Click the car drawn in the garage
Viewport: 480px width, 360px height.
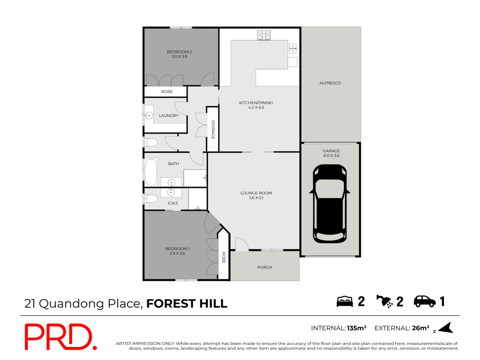[330, 203]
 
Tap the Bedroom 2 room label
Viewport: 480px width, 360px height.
[179, 52]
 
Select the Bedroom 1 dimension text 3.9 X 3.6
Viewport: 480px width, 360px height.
[177, 254]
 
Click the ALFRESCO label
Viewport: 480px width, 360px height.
[330, 83]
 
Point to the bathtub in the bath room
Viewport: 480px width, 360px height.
[151, 172]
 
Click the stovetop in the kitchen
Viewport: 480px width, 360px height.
[264, 35]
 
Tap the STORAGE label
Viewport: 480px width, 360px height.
[213, 130]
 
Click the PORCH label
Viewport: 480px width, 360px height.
[265, 267]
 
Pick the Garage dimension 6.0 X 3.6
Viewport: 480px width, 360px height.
[331, 156]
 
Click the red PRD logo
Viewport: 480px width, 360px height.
[60, 337]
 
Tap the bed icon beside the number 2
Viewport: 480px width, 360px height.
[345, 301]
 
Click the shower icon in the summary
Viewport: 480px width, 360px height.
[385, 301]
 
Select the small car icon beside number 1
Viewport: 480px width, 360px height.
[425, 301]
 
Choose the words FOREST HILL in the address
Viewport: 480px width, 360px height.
[187, 304]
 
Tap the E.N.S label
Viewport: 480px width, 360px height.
[172, 203]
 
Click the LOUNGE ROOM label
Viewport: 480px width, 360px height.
[256, 193]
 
